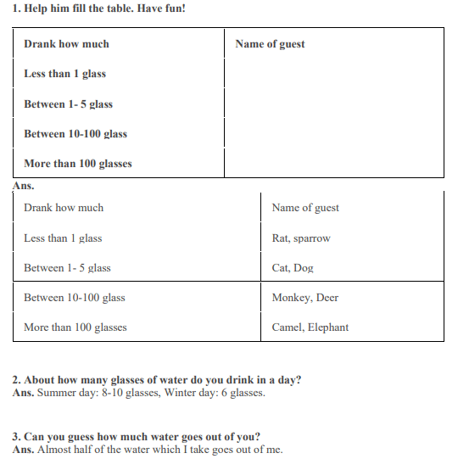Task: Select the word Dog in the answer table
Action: [304, 268]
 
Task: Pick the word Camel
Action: [288, 327]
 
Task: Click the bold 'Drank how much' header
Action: [66, 44]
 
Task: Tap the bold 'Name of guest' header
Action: [270, 44]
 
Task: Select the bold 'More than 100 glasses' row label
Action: [78, 164]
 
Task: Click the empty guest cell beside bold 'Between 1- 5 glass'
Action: [333, 104]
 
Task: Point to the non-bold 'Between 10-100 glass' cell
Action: [75, 298]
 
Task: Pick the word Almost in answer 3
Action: [55, 449]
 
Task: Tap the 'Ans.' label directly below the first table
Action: [23, 184]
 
